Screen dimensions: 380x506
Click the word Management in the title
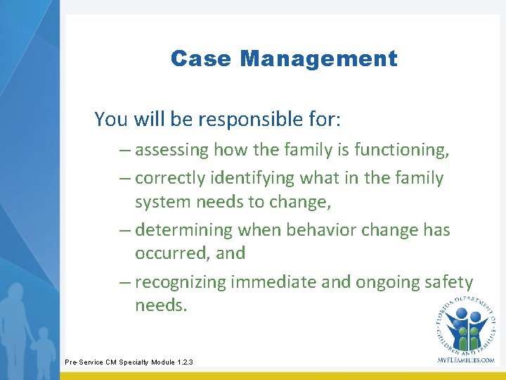coord(318,58)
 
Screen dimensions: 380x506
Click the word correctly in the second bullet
coord(169,179)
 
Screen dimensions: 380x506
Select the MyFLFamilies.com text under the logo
coord(465,360)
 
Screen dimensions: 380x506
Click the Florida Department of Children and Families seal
coord(465,323)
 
